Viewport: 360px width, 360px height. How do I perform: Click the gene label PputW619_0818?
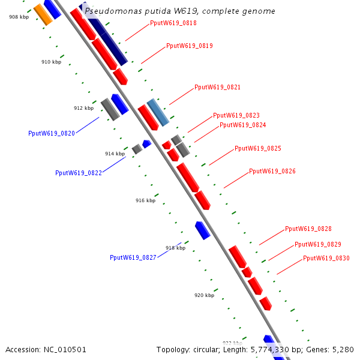[173, 23]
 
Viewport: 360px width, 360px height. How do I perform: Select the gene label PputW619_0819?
[189, 46]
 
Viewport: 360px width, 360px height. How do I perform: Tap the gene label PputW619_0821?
[217, 87]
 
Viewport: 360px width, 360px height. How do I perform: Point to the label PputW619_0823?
[236, 115]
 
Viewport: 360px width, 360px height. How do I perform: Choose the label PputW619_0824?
[242, 125]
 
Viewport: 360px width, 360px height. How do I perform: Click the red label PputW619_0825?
[257, 148]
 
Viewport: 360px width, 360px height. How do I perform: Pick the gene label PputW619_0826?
[272, 171]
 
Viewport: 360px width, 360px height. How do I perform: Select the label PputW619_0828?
[308, 229]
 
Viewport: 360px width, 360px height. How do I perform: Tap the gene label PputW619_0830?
[326, 258]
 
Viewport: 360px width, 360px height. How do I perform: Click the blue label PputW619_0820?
[52, 133]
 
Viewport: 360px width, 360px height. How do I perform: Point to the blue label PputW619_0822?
[79, 173]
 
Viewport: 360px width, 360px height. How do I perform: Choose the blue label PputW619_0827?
[133, 257]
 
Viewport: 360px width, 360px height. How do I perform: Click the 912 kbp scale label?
[83, 108]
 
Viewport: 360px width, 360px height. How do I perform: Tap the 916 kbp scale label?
[145, 200]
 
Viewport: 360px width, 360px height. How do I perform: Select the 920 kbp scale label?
[204, 295]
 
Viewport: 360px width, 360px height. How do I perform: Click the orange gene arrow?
[43, 14]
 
